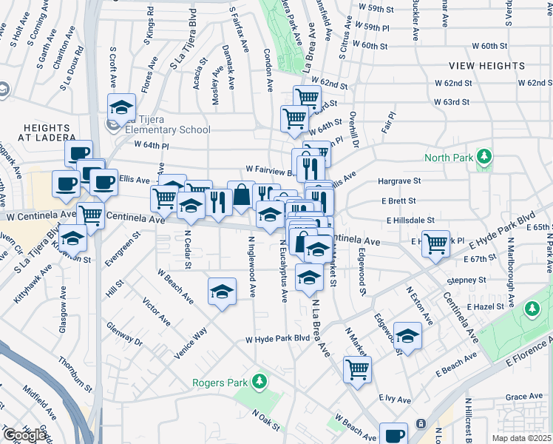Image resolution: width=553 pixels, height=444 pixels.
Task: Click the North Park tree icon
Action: (x=484, y=157)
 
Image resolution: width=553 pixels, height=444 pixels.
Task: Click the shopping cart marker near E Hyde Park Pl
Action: (x=435, y=242)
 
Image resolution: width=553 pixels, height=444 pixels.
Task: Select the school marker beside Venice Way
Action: (x=222, y=293)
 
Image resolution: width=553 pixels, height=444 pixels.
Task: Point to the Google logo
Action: (x=24, y=435)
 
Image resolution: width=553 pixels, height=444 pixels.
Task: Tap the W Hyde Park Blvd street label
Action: (x=277, y=339)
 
